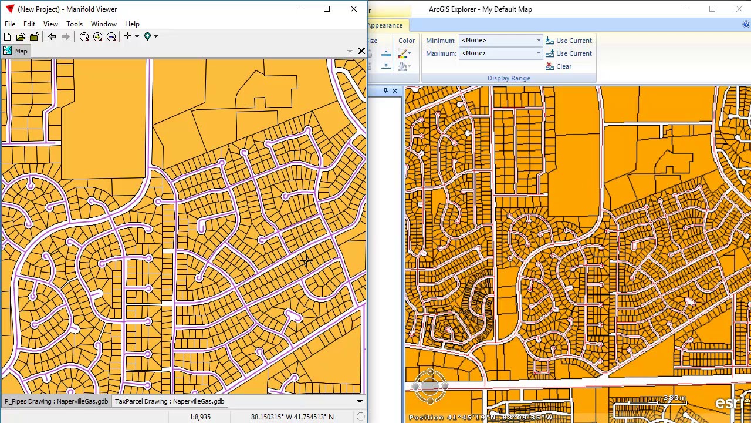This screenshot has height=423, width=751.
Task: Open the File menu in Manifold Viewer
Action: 10,24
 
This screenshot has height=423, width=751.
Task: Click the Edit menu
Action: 29,24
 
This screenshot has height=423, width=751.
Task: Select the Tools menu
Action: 75,24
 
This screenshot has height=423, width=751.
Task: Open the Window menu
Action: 103,24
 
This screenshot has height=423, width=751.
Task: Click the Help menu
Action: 132,24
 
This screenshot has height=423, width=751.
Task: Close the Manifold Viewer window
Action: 354,9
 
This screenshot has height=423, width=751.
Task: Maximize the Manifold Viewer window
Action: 327,9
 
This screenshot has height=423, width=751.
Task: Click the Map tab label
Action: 21,51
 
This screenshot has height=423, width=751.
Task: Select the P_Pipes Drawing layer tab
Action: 56,401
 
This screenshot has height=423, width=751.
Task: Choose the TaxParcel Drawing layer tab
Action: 170,401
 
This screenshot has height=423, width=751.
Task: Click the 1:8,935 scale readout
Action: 200,417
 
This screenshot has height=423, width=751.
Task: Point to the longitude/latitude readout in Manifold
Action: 292,417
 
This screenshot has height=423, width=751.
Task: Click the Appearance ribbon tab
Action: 385,25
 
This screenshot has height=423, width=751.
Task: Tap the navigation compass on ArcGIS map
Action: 430,386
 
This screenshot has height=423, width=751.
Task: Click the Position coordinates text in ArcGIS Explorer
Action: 481,418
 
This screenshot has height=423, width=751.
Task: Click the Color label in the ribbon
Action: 407,41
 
